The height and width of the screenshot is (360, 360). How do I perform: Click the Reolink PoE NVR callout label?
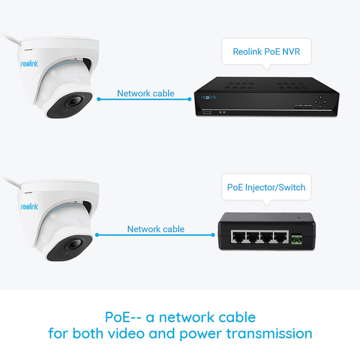pos(266,52)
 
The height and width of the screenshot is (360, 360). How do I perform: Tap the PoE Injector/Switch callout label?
pos(266,187)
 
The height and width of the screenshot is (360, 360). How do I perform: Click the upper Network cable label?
pos(145,93)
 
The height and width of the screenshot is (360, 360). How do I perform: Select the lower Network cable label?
pos(155,229)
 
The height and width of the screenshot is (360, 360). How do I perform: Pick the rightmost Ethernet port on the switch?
pos(277,238)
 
